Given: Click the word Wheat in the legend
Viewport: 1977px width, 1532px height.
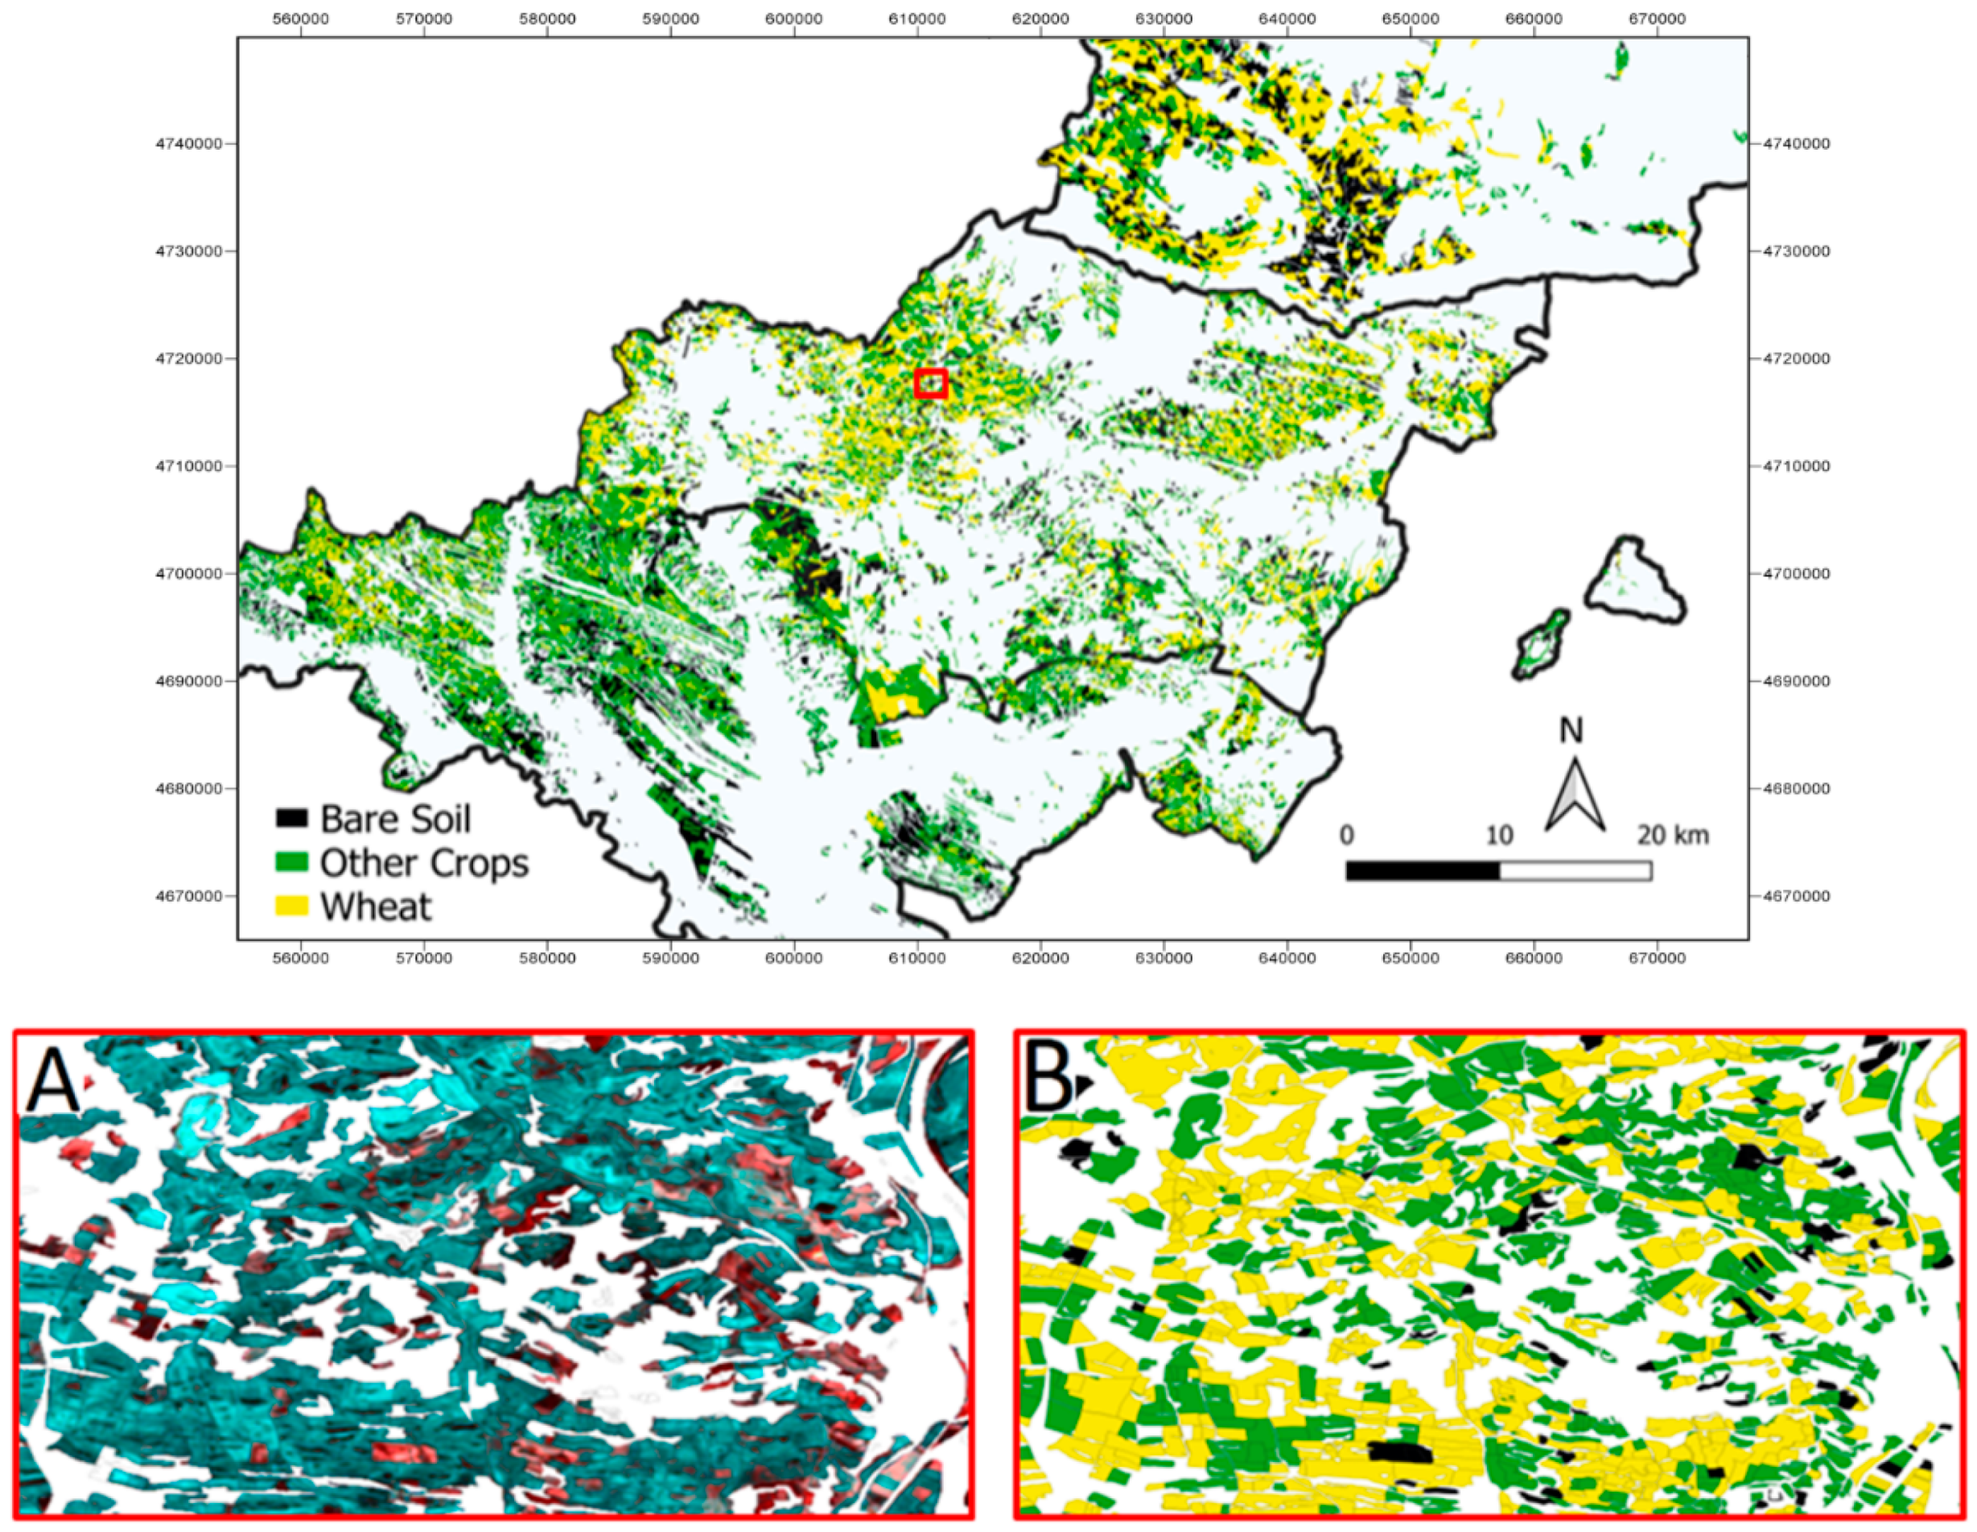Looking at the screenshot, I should [x=376, y=906].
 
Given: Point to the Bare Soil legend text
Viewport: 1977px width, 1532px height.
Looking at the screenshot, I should [x=396, y=819].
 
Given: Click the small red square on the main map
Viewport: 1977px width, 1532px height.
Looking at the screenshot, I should [x=930, y=383].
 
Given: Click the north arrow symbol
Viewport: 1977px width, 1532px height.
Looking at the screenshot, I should [x=1574, y=797].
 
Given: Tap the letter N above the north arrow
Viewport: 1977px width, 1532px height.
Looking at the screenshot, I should [x=1571, y=731].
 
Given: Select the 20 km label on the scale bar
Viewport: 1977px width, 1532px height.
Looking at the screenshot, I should [x=1672, y=835].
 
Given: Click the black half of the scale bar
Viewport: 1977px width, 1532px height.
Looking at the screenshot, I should [x=1422, y=871].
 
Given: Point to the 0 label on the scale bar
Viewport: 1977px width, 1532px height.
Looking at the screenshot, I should [x=1347, y=835].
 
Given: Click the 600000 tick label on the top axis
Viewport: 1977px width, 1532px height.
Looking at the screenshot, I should [x=794, y=19].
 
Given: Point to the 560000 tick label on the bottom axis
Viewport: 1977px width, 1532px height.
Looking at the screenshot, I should [x=301, y=958].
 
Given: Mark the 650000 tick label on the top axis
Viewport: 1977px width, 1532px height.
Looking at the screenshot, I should [x=1411, y=19].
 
